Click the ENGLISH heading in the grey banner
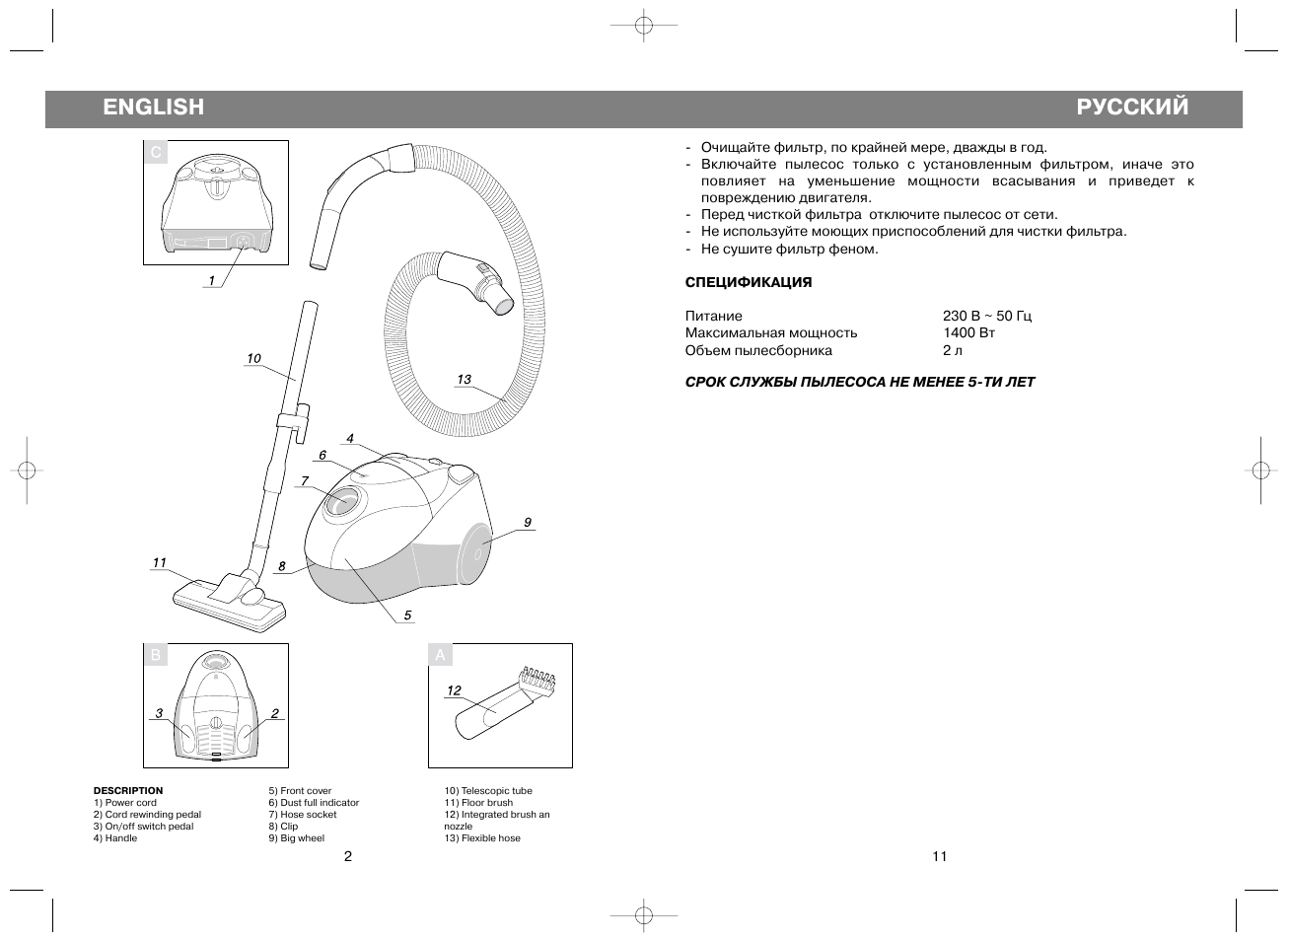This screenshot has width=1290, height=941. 153,108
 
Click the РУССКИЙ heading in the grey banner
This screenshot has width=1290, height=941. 1132,108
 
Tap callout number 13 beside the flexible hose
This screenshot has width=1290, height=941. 464,380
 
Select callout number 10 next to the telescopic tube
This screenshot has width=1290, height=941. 253,359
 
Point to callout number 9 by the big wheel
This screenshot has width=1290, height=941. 528,522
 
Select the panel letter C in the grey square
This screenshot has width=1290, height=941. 156,153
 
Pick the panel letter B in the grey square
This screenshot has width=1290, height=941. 156,656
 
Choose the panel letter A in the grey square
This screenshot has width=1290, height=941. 441,656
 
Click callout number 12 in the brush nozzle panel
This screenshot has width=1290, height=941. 454,691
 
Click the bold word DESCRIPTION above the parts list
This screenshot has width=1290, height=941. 128,791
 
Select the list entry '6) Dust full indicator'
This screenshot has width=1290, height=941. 314,803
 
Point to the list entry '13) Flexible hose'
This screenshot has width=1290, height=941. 482,838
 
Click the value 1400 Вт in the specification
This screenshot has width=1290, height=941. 968,333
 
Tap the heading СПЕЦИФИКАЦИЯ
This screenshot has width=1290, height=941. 749,283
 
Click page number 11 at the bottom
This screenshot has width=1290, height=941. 939,856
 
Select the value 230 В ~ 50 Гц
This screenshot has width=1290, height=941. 987,317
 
